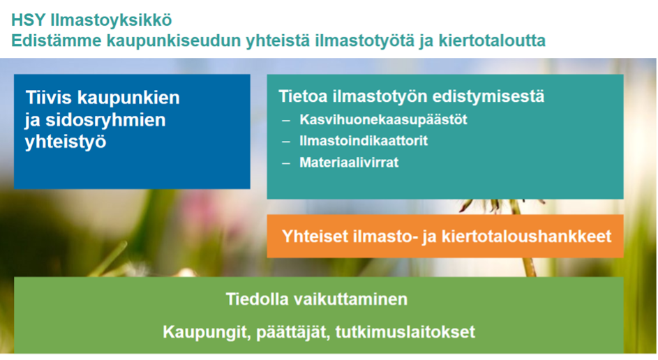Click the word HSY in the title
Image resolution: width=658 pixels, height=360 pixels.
[29, 20]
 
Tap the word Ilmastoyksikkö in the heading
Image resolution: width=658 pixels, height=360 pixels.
[111, 20]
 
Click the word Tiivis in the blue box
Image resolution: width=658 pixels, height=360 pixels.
[49, 98]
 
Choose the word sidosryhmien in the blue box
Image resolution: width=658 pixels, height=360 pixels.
[105, 121]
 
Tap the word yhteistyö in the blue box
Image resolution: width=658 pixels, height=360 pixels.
[66, 142]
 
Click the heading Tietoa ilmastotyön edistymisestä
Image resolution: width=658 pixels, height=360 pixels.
[412, 96]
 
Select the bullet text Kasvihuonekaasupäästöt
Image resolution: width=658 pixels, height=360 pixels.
[383, 120]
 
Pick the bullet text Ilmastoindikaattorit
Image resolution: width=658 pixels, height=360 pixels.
[364, 141]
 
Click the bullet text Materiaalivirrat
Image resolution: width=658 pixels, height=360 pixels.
[349, 163]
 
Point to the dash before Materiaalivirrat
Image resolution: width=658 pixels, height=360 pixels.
[286, 163]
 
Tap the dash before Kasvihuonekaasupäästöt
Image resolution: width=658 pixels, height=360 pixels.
[286, 121]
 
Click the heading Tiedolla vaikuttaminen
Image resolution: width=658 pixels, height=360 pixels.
[316, 299]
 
